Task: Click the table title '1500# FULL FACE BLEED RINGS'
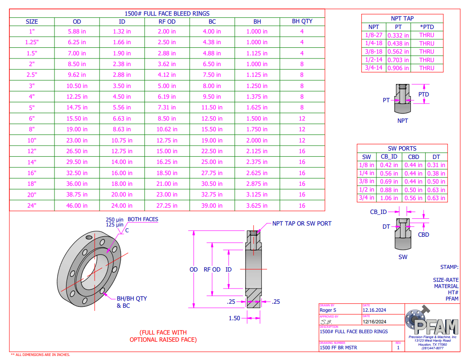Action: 167,13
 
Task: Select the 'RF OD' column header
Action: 167,21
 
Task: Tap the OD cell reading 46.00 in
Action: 77,205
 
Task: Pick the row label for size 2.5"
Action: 32,75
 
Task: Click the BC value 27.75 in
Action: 212,173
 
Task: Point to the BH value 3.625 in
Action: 257,205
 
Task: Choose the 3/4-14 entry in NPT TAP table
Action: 373,68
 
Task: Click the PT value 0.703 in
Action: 398,60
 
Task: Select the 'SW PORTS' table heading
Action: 402,148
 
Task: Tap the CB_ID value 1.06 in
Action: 389,198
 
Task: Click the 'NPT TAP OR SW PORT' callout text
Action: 302,223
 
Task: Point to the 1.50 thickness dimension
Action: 234,318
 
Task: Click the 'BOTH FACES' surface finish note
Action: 143,219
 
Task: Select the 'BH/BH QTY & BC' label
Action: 132,302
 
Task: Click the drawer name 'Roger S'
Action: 328,310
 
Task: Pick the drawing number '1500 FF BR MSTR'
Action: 338,347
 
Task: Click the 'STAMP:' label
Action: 449,267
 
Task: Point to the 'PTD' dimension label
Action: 423,94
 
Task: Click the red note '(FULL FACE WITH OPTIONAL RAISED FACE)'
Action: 163,336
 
